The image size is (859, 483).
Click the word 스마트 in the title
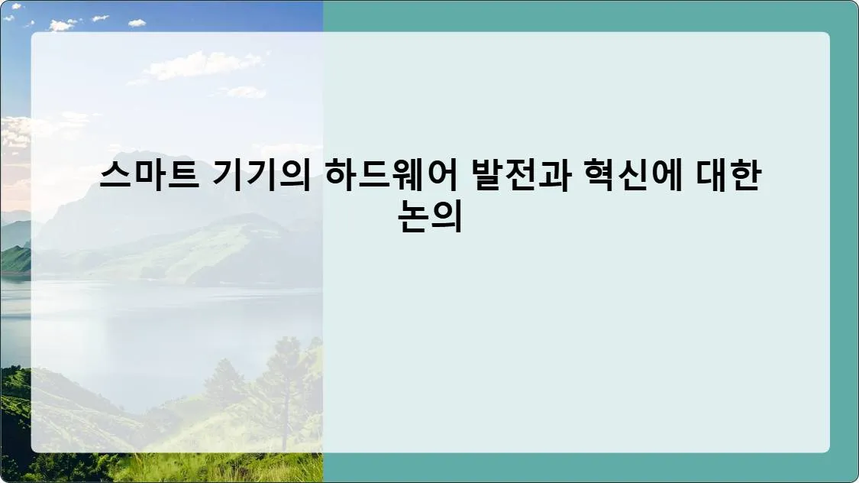[x=146, y=177]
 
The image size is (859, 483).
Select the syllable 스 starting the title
[x=115, y=177]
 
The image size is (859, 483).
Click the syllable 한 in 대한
[x=743, y=177]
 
